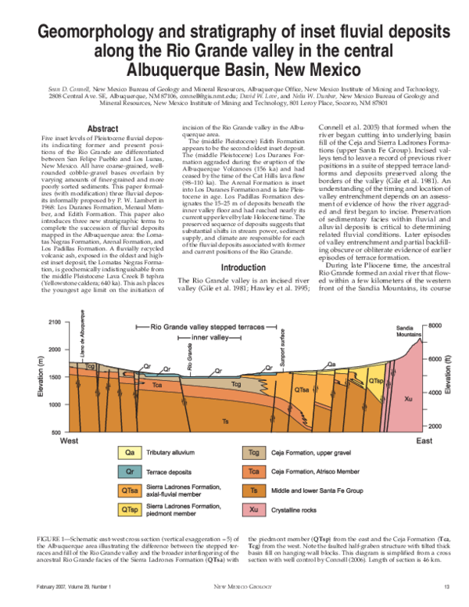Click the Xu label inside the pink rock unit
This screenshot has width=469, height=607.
(407, 399)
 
